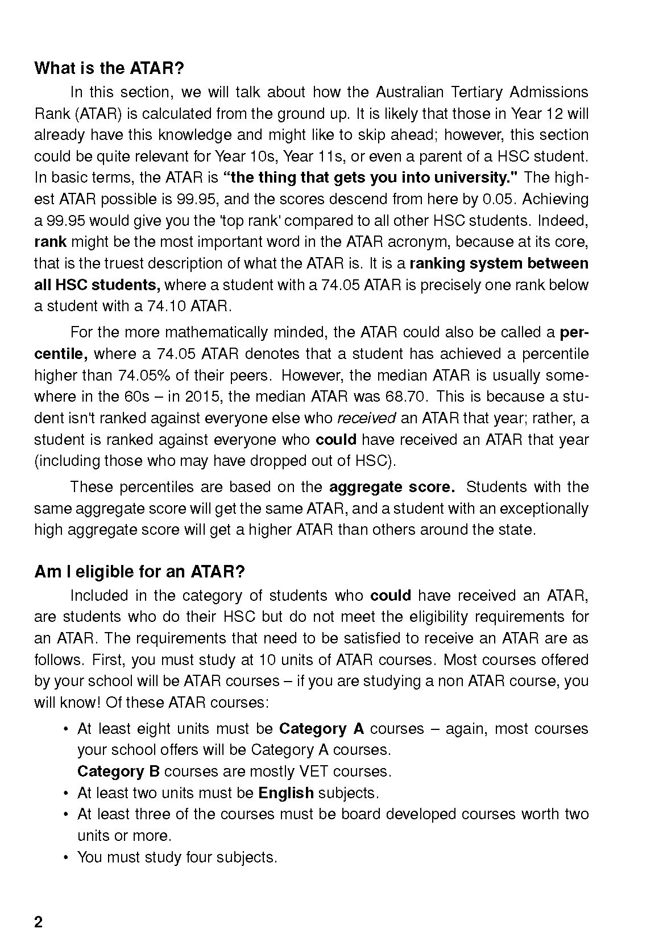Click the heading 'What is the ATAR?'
pos(109,69)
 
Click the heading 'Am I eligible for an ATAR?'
pos(139,572)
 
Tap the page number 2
pos(38,922)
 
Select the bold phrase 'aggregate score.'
pos(392,488)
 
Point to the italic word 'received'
pos(366,418)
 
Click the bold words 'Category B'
pos(118,772)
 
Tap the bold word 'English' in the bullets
pos(285,793)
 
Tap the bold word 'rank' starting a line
pos(50,242)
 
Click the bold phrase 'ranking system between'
pos(499,264)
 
